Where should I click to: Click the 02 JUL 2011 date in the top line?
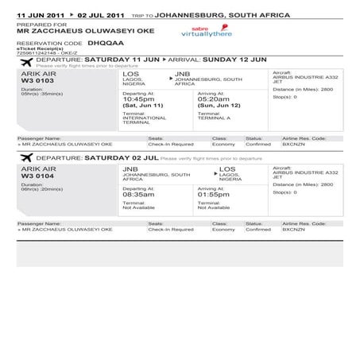(x=101, y=15)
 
